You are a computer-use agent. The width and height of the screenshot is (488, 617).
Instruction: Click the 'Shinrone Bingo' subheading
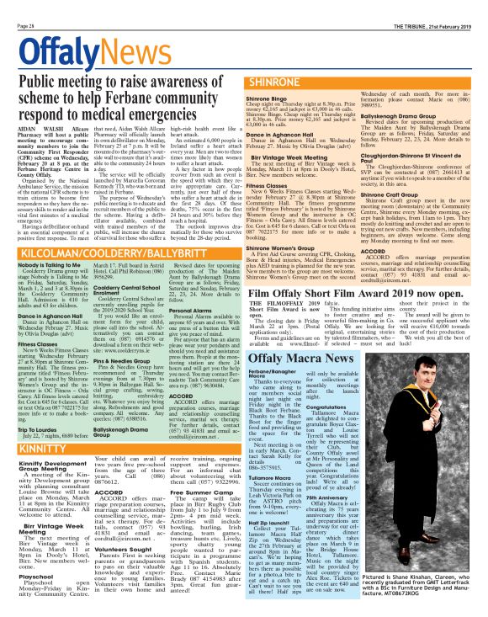(x=244, y=76)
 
